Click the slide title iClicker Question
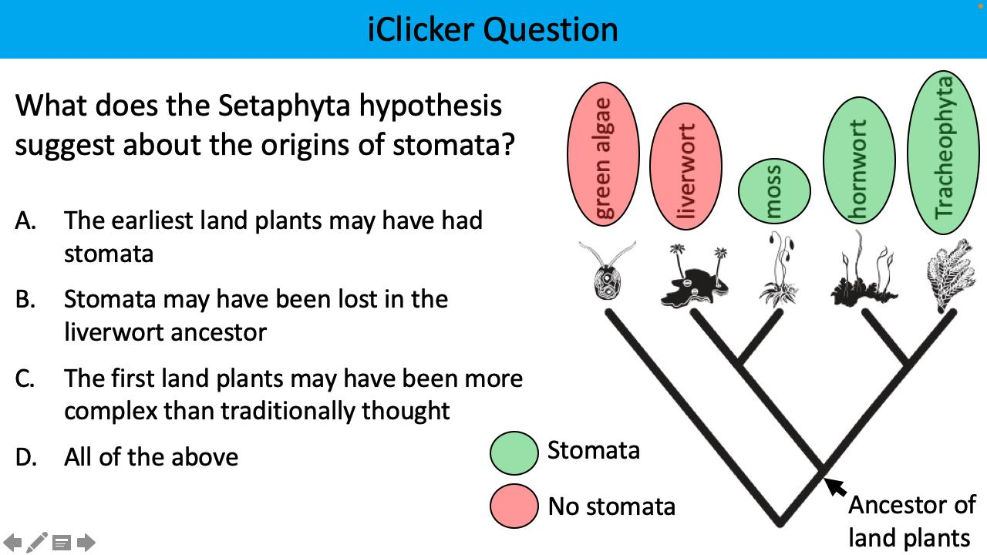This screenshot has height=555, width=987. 493,29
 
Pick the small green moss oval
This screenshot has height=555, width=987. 774,191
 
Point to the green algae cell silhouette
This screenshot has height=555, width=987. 608,274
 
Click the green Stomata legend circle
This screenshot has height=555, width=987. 514,452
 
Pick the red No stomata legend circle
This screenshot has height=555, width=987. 514,506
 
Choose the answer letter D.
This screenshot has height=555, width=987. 25,457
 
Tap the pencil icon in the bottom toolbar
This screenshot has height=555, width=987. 37,543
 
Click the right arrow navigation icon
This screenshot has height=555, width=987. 86,543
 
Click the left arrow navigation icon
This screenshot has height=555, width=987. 13,543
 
